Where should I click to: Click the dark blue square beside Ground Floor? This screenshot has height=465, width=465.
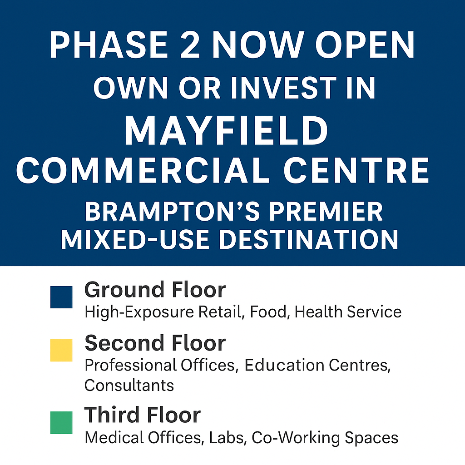(x=61, y=297)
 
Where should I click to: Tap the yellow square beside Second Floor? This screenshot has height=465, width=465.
(x=61, y=350)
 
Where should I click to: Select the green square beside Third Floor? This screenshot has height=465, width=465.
(x=61, y=423)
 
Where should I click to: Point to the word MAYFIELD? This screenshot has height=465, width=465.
(x=226, y=131)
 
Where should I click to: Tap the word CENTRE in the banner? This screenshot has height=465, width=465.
(x=356, y=171)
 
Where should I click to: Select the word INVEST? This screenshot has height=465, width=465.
(x=284, y=88)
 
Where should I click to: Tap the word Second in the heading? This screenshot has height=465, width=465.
(x=124, y=343)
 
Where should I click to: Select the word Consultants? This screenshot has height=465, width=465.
(x=129, y=385)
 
